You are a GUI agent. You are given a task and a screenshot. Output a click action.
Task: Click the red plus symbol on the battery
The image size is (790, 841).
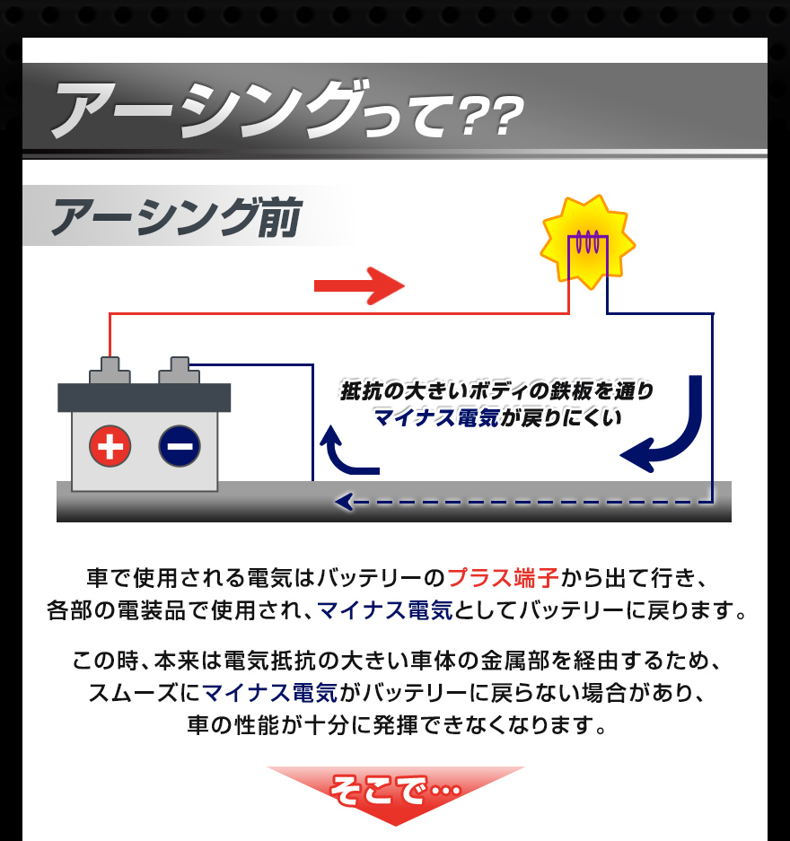[110, 446]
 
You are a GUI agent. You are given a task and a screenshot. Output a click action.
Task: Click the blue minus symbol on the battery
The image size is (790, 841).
[180, 446]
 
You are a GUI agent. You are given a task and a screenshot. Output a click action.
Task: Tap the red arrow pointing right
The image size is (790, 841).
[359, 286]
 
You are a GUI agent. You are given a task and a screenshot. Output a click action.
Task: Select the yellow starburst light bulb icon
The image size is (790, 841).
[587, 241]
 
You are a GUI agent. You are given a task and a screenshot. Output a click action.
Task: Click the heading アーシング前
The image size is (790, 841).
[176, 217]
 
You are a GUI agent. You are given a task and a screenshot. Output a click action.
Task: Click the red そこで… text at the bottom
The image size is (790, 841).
[395, 791]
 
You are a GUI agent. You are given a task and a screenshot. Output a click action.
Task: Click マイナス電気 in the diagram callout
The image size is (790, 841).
[436, 416]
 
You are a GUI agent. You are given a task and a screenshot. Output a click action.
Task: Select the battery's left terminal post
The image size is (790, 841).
[109, 369]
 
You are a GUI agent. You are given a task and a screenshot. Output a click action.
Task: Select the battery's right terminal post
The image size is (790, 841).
[179, 369]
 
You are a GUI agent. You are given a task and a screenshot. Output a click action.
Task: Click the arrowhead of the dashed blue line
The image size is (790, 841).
[342, 502]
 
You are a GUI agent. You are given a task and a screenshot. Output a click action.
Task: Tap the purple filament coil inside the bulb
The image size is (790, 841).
[587, 241]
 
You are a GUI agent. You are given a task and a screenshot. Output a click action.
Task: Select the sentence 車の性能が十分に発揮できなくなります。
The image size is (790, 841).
[395, 724]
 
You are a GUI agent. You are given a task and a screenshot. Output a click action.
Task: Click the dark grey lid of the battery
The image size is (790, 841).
[144, 397]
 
